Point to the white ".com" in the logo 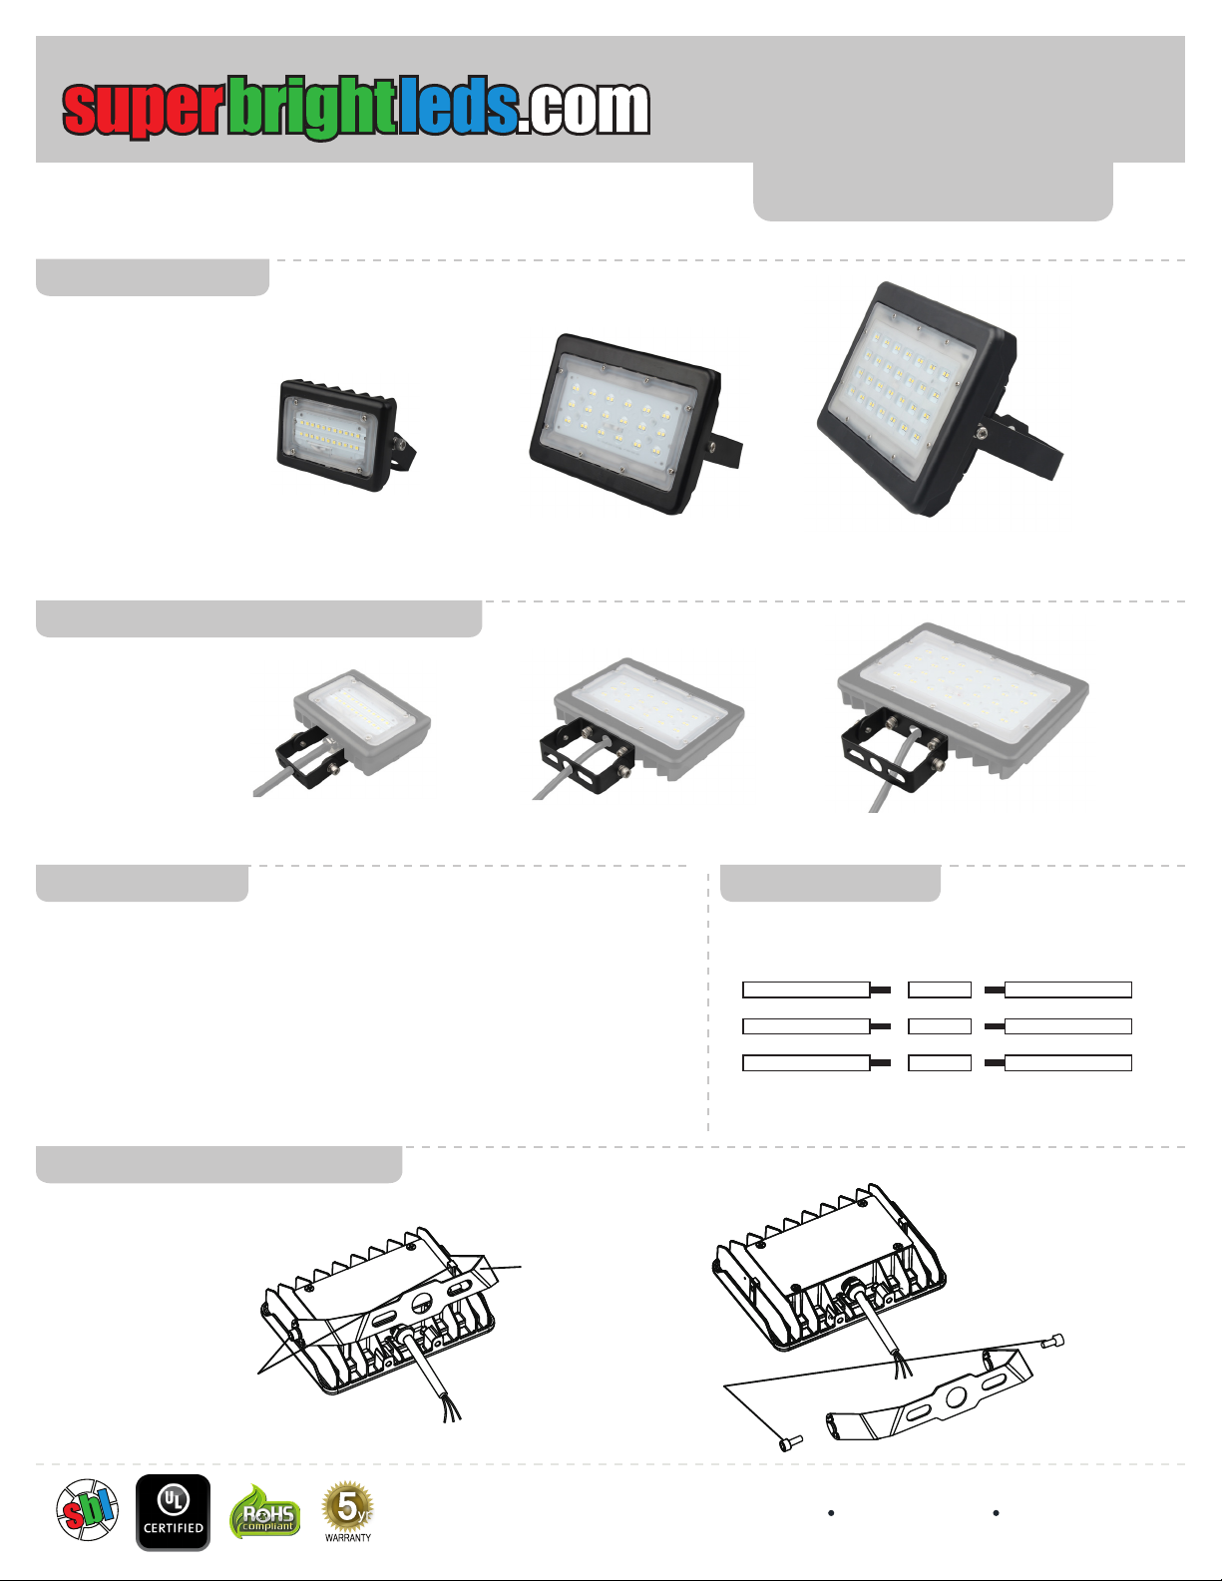point(585,109)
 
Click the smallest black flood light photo point(345,434)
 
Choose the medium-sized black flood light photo point(635,424)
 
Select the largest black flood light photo point(939,399)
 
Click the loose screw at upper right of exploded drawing point(1052,1341)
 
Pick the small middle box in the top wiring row point(939,989)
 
